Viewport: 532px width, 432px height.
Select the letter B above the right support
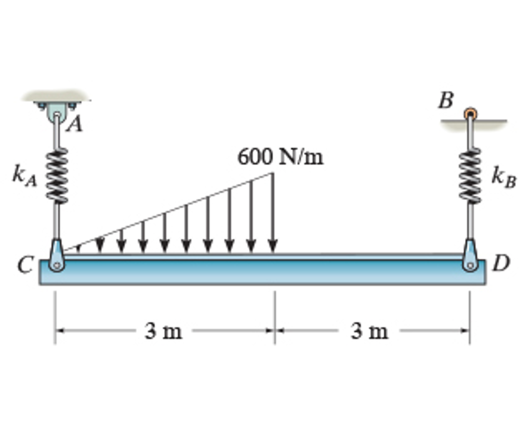pos(445,101)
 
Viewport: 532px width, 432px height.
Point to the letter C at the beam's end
pos(24,265)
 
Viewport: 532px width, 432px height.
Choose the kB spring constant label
pos(503,178)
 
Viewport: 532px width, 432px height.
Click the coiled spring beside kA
pos(57,174)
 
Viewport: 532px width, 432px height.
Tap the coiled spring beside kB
pos(471,174)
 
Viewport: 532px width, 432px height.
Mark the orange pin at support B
pos(470,113)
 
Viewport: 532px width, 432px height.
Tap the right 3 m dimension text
pos(369,331)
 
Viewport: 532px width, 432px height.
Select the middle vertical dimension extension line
pos(275,317)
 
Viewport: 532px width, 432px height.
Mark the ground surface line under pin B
pos(488,122)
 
